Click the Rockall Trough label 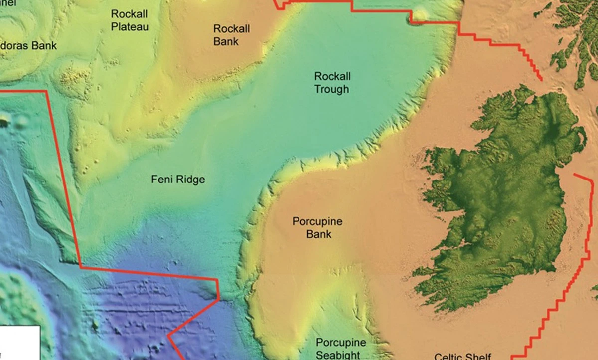point(332,83)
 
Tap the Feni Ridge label point(178,180)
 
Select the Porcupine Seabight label point(341,349)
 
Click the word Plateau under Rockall point(130,26)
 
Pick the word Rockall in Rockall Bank point(231,29)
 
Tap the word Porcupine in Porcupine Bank point(317,222)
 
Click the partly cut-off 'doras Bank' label point(28,46)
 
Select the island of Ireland point(498,194)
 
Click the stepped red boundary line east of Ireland point(568,279)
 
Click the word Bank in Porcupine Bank point(319,234)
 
